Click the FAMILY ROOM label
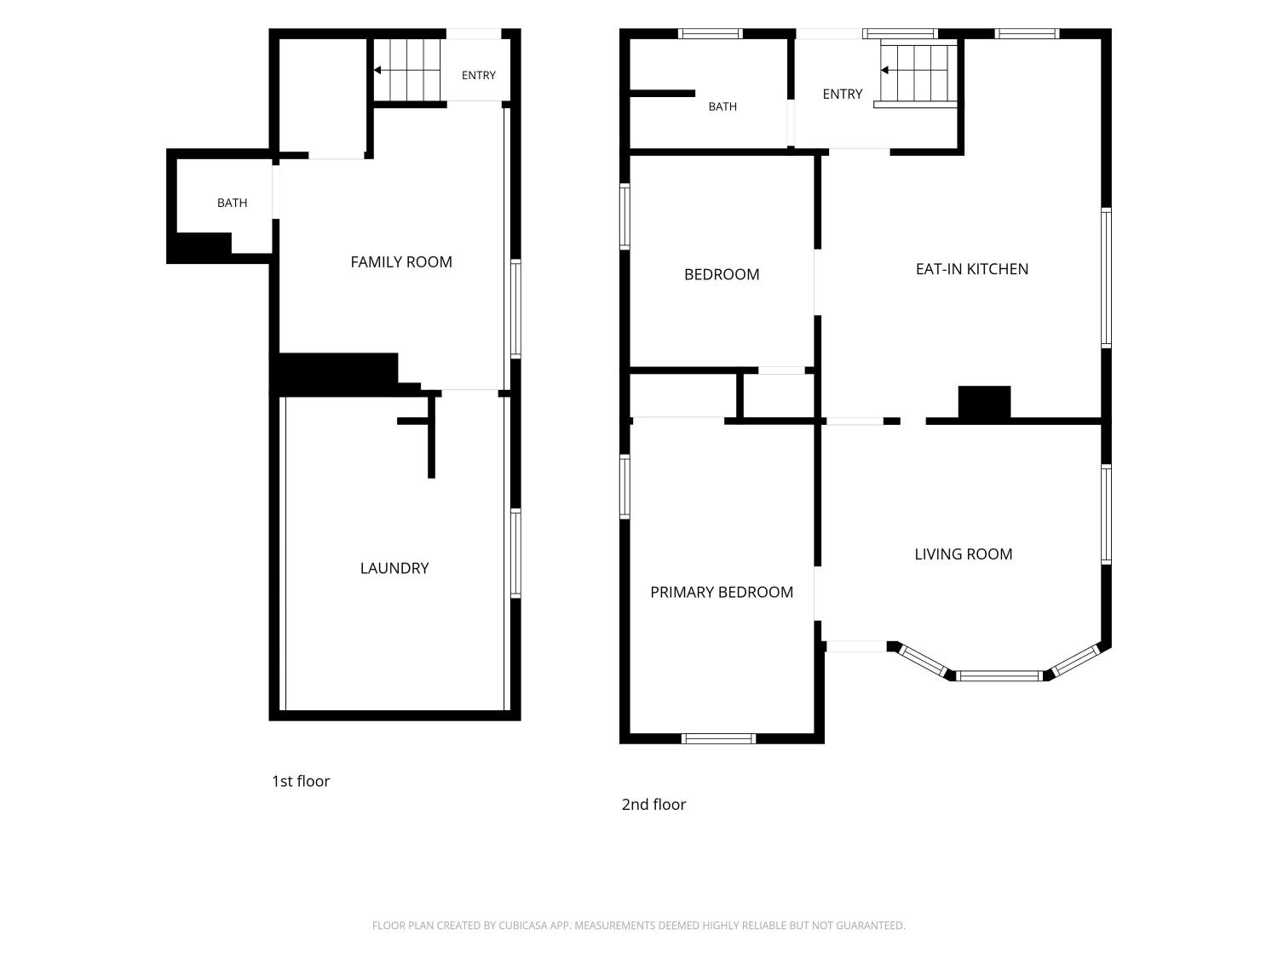(401, 262)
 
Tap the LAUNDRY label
(394, 568)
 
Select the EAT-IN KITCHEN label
(972, 269)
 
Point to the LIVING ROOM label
(963, 554)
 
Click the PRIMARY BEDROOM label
(722, 592)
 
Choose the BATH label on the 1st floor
(233, 203)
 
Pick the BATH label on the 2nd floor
(722, 107)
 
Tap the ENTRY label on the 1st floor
(479, 76)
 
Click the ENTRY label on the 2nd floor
(843, 95)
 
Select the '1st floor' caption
(301, 781)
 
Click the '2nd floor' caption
(653, 805)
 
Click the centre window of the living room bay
(999, 676)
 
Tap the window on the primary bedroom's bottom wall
(718, 738)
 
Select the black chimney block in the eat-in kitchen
(985, 402)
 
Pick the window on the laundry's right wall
(515, 554)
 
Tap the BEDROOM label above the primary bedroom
(722, 274)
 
